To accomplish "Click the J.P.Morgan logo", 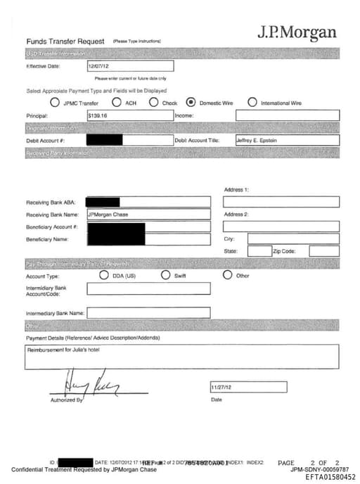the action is (x=296, y=32).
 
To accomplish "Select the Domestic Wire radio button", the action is (x=190, y=102).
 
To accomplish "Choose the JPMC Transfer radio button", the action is (x=55, y=102).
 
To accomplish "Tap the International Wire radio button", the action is (x=252, y=102).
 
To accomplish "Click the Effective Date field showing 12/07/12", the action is (x=129, y=66).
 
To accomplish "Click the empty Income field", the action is (x=287, y=115).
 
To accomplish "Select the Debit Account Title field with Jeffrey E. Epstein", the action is (x=287, y=140).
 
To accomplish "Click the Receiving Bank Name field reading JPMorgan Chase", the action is (x=148, y=214).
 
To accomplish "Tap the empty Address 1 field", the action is (x=281, y=202).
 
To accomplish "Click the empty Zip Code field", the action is (x=323, y=250).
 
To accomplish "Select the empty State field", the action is (x=259, y=250).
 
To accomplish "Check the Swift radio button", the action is (x=166, y=275).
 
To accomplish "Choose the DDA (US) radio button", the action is (x=105, y=275).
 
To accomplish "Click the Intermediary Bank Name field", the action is (x=148, y=312).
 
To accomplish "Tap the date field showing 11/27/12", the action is (x=247, y=387).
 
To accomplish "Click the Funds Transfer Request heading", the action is (x=65, y=42).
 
